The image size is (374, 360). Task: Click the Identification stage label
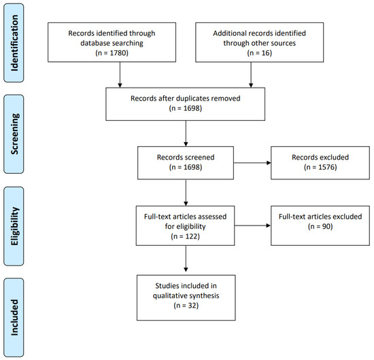point(14,43)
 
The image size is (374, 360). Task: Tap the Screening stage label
point(14,134)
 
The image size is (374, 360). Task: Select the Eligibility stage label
point(14,226)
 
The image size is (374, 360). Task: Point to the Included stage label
point(14,318)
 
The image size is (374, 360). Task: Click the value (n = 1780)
point(112,53)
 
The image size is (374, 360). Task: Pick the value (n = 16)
point(260,53)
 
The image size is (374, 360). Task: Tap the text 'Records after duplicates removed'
point(186,98)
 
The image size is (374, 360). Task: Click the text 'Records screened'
point(186,158)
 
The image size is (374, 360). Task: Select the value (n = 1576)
point(320,167)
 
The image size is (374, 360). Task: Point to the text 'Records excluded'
point(320,158)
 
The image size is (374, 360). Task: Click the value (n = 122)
point(186,236)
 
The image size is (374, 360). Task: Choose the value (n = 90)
point(320,226)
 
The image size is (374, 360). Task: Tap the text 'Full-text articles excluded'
point(320,216)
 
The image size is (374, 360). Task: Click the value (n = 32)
point(186,306)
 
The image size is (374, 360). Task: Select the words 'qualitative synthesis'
point(186,295)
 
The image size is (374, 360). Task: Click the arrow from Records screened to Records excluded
point(252,163)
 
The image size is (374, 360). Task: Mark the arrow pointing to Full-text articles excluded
point(252,226)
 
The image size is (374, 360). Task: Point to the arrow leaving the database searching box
point(120,75)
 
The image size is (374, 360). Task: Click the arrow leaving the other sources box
point(251,75)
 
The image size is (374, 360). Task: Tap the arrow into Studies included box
point(186,259)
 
